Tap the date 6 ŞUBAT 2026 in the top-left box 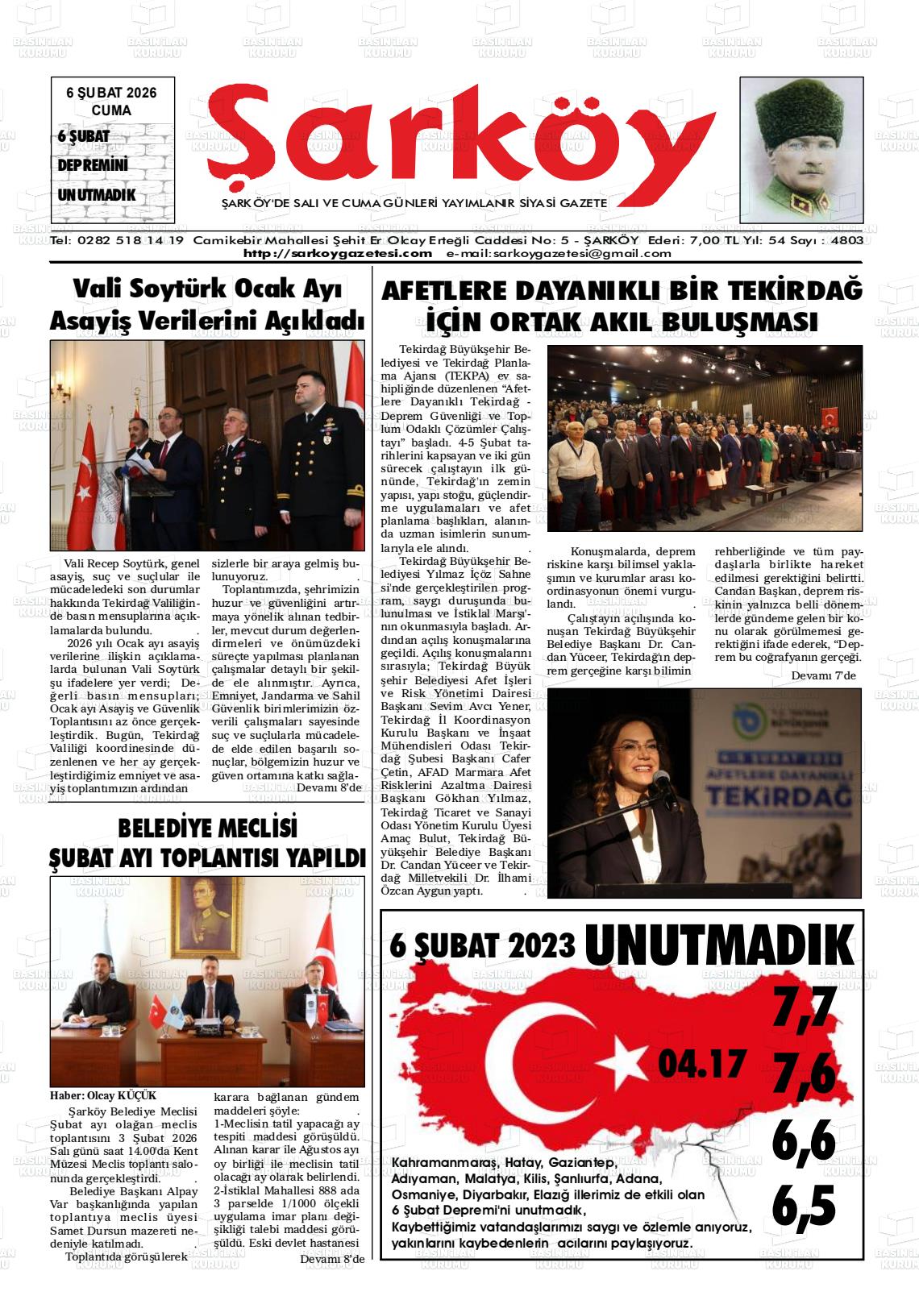pyautogui.click(x=111, y=93)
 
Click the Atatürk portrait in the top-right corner pyautogui.click(x=800, y=151)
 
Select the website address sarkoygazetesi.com pyautogui.click(x=338, y=253)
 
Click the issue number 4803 pyautogui.click(x=846, y=241)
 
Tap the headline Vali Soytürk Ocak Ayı pyautogui.click(x=207, y=289)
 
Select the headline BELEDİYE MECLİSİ pyautogui.click(x=207, y=828)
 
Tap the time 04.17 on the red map pyautogui.click(x=700, y=1064)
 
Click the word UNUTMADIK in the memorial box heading pyautogui.click(x=719, y=945)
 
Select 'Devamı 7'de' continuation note pyautogui.click(x=823, y=675)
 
